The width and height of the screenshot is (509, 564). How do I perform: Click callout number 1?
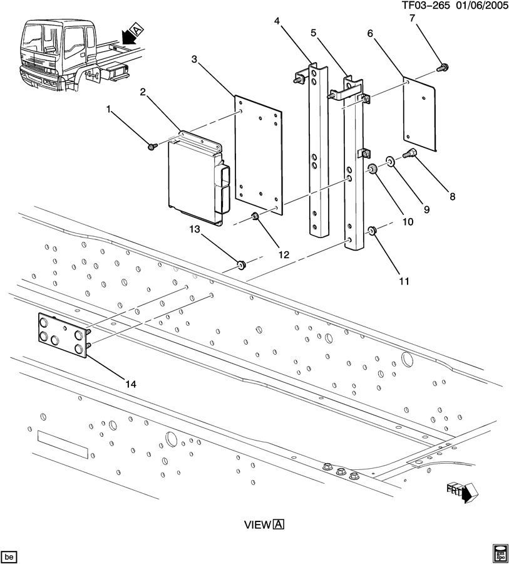coord(109,110)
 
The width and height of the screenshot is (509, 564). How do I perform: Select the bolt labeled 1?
coord(152,147)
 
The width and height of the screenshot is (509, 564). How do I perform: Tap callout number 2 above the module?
coord(143,92)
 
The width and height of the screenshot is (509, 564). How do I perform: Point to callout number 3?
coord(194,60)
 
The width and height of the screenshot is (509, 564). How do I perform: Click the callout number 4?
coord(277,22)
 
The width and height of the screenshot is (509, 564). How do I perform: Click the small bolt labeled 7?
coord(443,66)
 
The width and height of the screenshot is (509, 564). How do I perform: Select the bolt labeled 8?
coord(412,154)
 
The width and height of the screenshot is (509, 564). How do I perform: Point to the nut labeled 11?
coord(371,232)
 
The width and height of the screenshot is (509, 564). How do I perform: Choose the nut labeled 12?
coord(255,217)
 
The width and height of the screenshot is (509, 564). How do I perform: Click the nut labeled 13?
coord(241,266)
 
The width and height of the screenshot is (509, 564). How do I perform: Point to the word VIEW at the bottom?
coord(257,525)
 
